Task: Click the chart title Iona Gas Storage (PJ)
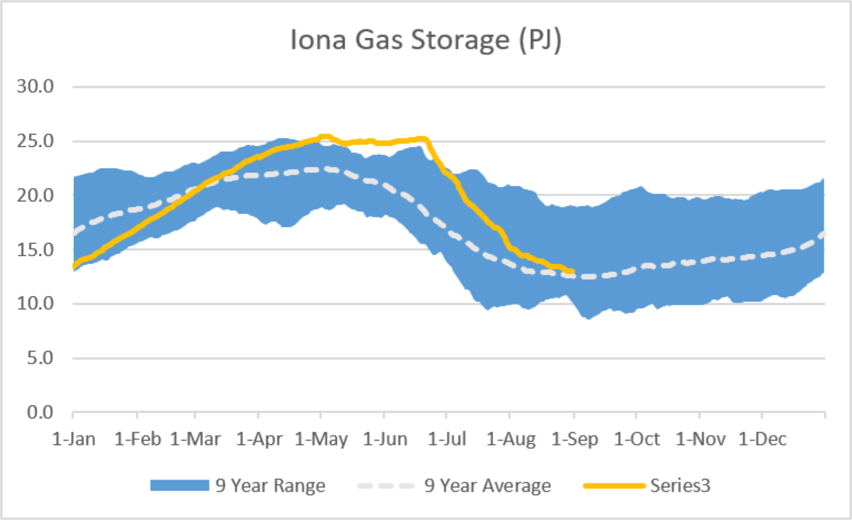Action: coord(426,40)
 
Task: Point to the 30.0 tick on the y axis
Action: coord(36,86)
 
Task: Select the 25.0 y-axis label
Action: coord(36,141)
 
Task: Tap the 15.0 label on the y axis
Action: coord(36,250)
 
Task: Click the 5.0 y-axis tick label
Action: coord(40,358)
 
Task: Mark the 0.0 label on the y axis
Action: coord(40,412)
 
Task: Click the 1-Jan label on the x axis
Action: coord(74,439)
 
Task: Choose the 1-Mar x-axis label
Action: coord(195,439)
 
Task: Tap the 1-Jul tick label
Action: coord(447,439)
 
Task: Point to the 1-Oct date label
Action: coord(637,439)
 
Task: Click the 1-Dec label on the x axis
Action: coord(762,439)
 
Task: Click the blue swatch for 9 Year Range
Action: coord(180,486)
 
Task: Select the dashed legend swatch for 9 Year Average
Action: coord(386,486)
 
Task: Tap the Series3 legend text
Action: coord(681,486)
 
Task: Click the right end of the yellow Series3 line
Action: coord(572,271)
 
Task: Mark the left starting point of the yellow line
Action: coord(74,266)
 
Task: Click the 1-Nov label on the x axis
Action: coord(701,439)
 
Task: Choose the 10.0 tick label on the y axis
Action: coord(36,304)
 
